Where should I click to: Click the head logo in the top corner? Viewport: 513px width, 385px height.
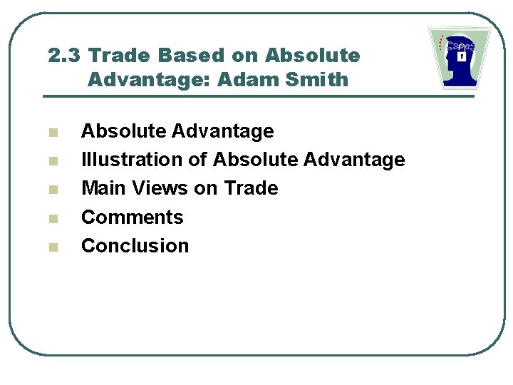point(460,58)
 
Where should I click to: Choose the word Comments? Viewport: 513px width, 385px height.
point(133,217)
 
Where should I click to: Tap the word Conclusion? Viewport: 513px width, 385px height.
point(135,245)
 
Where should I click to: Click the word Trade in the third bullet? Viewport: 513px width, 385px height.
point(251,188)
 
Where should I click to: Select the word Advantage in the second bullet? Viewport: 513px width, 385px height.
point(354,160)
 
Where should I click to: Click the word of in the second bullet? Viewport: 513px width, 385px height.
point(197,160)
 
